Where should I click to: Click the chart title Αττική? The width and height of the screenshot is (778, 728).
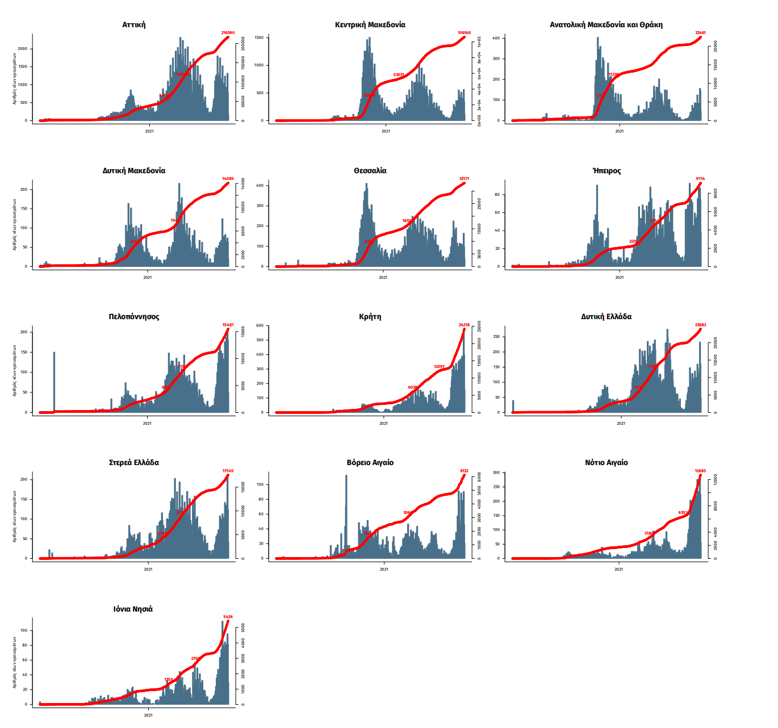133,24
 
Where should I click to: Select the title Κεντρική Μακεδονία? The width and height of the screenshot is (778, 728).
370,24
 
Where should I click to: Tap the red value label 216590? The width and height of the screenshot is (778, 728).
228,33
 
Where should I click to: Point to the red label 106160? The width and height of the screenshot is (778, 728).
464,33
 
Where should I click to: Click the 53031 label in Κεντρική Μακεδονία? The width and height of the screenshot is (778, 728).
399,75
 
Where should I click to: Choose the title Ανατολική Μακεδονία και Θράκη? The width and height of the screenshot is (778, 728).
606,24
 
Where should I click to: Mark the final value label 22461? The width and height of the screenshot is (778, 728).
700,33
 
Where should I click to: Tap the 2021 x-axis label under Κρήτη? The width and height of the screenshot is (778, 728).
383,423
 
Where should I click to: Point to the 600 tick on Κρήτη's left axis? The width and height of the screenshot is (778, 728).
260,325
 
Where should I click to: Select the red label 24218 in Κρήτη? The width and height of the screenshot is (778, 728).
464,325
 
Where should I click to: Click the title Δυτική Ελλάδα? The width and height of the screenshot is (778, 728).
606,316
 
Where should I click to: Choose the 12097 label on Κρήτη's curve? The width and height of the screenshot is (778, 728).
439,367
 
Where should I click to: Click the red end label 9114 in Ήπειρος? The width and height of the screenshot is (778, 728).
700,179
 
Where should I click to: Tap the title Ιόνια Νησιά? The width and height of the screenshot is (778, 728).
133,609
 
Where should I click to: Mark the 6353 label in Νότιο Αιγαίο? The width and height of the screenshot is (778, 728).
683,513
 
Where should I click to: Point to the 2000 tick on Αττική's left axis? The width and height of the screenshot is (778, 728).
22,49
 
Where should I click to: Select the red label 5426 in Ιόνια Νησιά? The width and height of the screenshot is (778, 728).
228,617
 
